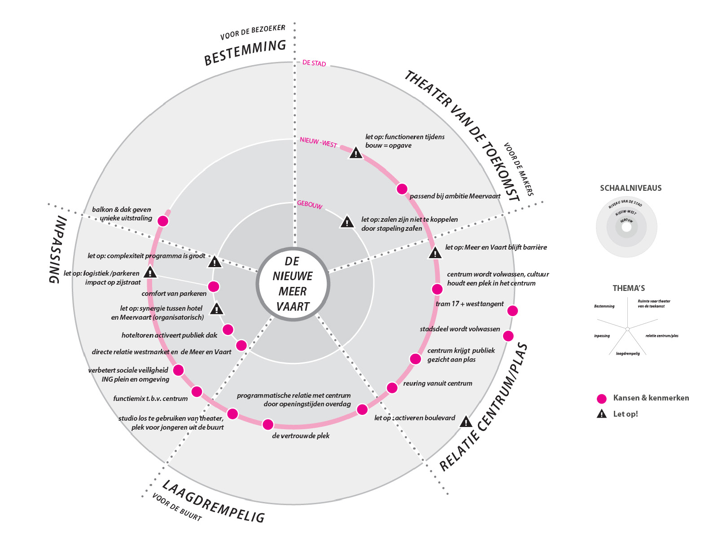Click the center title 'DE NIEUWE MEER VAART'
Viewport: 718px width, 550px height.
pyautogui.click(x=293, y=284)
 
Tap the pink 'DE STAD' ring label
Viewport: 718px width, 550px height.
pyautogui.click(x=314, y=63)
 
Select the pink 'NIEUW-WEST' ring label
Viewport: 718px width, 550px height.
pyautogui.click(x=318, y=142)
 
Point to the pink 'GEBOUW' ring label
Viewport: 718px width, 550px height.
pyautogui.click(x=310, y=205)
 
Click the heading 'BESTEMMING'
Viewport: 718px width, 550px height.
pyautogui.click(x=245, y=53)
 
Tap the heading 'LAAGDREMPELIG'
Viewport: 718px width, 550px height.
pyautogui.click(x=213, y=502)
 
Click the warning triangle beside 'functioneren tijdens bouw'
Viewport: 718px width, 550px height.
pyautogui.click(x=356, y=153)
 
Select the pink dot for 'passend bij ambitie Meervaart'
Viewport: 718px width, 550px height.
pyautogui.click(x=402, y=189)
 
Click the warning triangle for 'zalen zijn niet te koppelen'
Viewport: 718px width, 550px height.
pyautogui.click(x=347, y=222)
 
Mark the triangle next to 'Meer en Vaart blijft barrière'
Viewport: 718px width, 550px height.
pyautogui.click(x=435, y=253)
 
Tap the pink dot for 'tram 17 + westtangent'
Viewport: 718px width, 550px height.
pyautogui.click(x=512, y=311)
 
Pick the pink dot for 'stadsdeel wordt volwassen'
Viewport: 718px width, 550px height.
pyautogui.click(x=508, y=336)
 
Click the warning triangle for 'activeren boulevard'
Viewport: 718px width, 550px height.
pyautogui.click(x=466, y=422)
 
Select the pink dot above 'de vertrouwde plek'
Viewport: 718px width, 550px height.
pyautogui.click(x=268, y=424)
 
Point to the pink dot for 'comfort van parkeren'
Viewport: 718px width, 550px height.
pyautogui.click(x=214, y=286)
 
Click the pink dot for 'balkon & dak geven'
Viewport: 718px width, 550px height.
pyautogui.click(x=163, y=221)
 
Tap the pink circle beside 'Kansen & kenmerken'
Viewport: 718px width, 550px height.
pyautogui.click(x=601, y=399)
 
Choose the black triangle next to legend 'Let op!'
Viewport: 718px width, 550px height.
pyautogui.click(x=601, y=414)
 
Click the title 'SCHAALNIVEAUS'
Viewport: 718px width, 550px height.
pyautogui.click(x=630, y=188)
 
